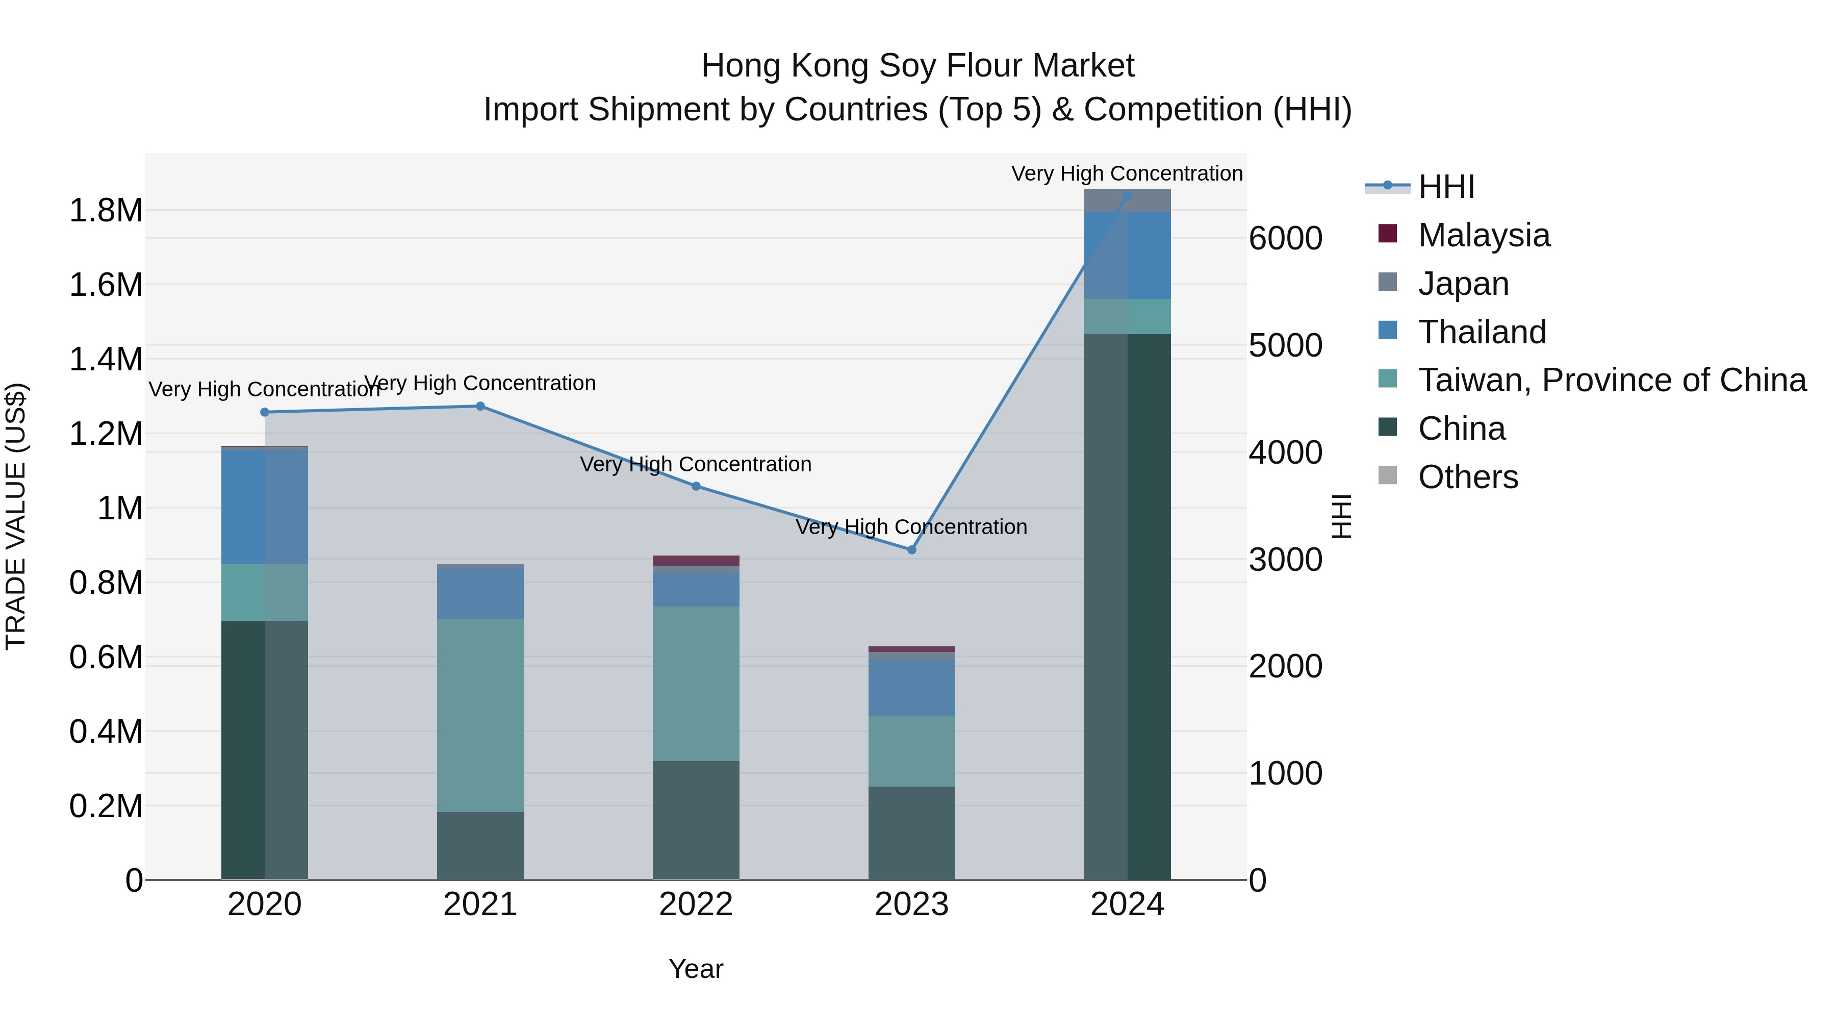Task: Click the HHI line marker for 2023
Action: click(911, 549)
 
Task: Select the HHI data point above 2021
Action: click(480, 407)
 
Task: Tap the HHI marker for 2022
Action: click(696, 486)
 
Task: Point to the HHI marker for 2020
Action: click(264, 412)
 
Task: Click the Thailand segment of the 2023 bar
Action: click(911, 687)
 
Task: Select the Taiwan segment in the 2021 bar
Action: click(480, 715)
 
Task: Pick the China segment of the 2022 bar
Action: click(696, 820)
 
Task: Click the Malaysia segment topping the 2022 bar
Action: click(696, 560)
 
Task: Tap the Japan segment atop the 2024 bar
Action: click(1127, 200)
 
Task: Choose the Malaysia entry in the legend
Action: click(1483, 235)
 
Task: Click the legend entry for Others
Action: click(1467, 477)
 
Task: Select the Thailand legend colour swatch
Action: click(1388, 331)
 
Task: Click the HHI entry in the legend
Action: click(1445, 187)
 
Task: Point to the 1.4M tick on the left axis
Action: click(106, 359)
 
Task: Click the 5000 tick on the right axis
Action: click(1285, 346)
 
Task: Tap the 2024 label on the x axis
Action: click(1127, 904)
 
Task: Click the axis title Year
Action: click(696, 969)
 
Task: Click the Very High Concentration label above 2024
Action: click(1127, 173)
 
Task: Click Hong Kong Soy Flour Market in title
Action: click(917, 66)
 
